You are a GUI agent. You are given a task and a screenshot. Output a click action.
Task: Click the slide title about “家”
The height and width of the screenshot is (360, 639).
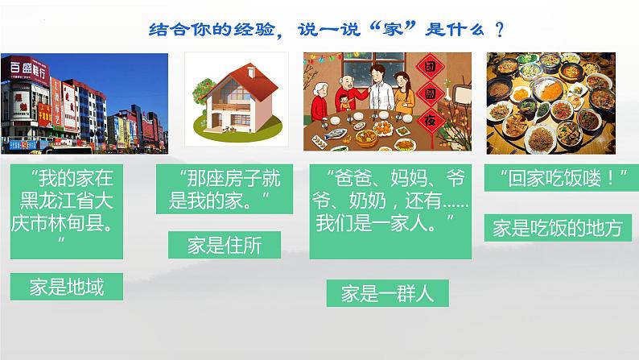[x=328, y=30]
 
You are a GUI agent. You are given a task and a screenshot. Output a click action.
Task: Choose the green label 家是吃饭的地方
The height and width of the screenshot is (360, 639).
[x=558, y=228]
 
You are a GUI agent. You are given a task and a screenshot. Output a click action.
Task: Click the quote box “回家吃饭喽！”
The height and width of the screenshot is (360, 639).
[x=557, y=178]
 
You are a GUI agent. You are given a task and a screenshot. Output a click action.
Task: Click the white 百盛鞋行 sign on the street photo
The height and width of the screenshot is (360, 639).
[x=23, y=68]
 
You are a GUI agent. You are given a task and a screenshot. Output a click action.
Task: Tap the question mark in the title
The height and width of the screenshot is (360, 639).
[x=500, y=30]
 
